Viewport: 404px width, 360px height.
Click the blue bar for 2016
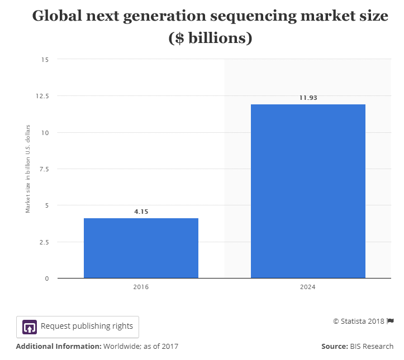click(141, 248)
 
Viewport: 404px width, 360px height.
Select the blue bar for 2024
click(308, 191)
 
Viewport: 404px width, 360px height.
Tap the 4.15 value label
click(141, 212)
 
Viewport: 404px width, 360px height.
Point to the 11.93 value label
click(308, 98)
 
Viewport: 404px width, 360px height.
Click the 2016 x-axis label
click(141, 287)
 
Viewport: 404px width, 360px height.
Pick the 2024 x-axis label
click(308, 287)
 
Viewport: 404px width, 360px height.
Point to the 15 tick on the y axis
click(45, 60)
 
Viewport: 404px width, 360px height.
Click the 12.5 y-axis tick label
click(42, 96)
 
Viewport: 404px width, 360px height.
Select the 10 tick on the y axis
click(45, 133)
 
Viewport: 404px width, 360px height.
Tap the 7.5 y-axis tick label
click(44, 169)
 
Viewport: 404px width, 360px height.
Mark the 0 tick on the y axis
click(46, 279)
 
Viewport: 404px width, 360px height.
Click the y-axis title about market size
click(27, 169)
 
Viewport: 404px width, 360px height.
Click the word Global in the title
click(57, 16)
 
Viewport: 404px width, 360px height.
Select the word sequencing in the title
click(254, 17)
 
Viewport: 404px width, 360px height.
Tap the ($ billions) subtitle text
click(210, 39)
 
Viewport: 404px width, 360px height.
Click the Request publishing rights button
click(78, 327)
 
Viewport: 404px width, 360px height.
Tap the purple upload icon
click(30, 327)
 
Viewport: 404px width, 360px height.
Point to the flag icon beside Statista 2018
click(391, 321)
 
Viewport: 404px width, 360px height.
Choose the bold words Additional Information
click(59, 347)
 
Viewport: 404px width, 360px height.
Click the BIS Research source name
click(372, 347)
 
